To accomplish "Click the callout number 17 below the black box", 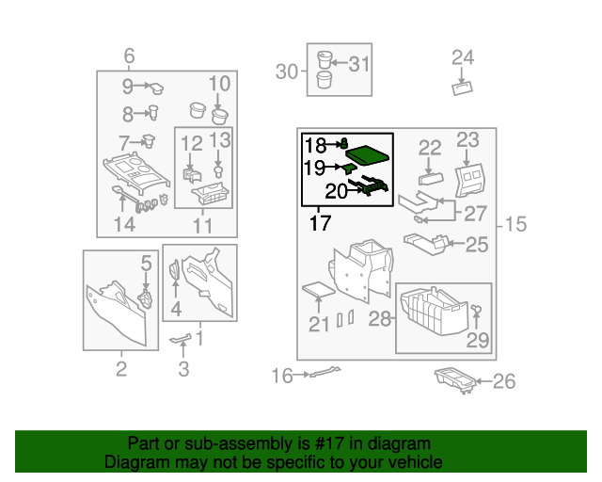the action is pos(320,223).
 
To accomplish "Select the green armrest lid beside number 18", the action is pos(368,154).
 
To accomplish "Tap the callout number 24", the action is pos(463,58).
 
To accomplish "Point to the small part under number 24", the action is pos(462,88).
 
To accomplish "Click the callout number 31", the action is pos(359,64).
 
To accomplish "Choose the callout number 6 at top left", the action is pos(129,56).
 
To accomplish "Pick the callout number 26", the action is pos(504,381).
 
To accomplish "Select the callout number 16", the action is pos(282,376).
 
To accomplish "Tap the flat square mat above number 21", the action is pos(319,289).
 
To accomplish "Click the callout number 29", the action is pos(478,340).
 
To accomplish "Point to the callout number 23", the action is pos(467,140).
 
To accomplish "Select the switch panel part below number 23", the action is pos(469,181).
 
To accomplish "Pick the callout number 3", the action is pos(184,369).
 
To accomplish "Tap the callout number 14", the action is pos(125,224).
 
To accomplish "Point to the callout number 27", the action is pos(475,214).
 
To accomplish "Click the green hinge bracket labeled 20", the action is pos(369,185).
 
